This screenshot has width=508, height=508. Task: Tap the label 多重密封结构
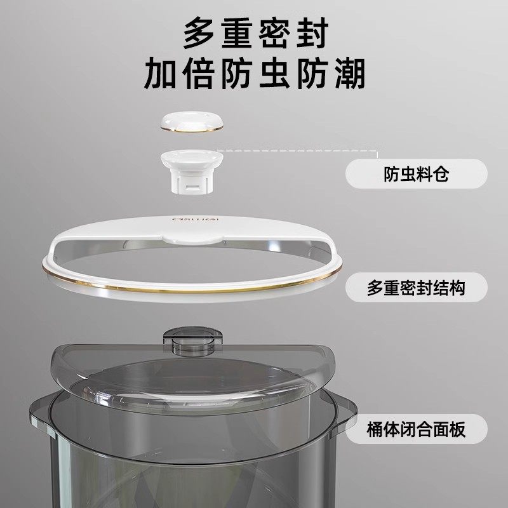[x=416, y=288]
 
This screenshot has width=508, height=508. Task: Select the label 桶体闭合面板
[x=416, y=429]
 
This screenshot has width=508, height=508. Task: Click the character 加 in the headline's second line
[x=161, y=75]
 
